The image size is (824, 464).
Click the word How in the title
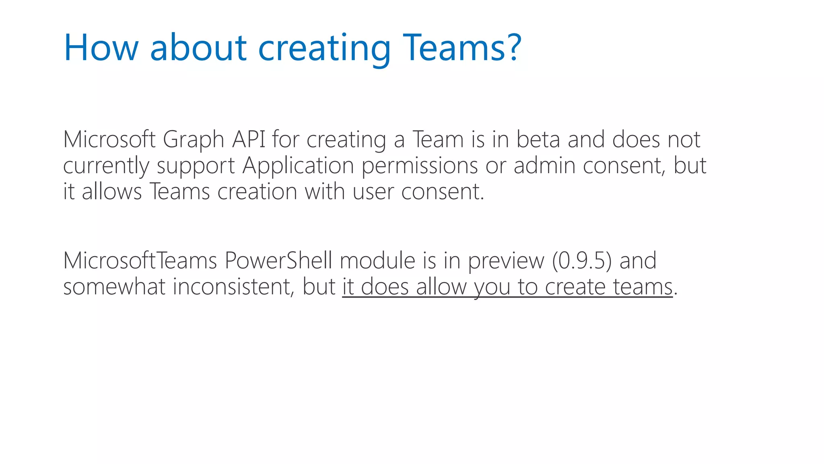[x=101, y=48]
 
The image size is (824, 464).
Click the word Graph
[x=194, y=140]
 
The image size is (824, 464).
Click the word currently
[x=106, y=166]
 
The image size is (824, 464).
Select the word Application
[x=298, y=166]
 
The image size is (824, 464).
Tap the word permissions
[x=420, y=166]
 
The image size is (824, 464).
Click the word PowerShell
[x=278, y=260]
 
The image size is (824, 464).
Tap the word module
[x=377, y=260]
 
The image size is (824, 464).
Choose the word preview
[x=506, y=261]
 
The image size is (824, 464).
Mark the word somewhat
[x=114, y=287]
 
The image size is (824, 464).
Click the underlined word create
[x=575, y=287]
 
